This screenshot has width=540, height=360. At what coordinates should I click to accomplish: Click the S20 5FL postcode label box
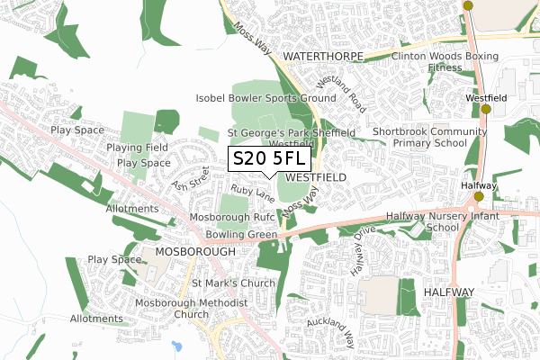click(x=271, y=159)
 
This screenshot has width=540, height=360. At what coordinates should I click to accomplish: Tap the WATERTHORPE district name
click(x=322, y=57)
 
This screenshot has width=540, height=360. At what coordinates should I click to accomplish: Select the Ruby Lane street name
click(x=251, y=191)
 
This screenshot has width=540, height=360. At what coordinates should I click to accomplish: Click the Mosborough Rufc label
click(x=231, y=218)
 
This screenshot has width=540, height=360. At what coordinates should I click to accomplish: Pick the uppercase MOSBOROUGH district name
click(x=194, y=252)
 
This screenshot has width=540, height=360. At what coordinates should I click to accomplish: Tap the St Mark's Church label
click(x=232, y=284)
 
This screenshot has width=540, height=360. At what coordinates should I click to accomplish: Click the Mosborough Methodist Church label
click(x=191, y=309)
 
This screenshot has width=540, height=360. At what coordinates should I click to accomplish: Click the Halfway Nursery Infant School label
click(x=435, y=222)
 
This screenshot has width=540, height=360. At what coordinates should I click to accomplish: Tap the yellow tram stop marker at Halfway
click(x=479, y=196)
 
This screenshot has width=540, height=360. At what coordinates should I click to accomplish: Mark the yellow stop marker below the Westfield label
click(x=486, y=110)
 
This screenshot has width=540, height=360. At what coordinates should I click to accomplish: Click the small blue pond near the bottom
click(x=176, y=346)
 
